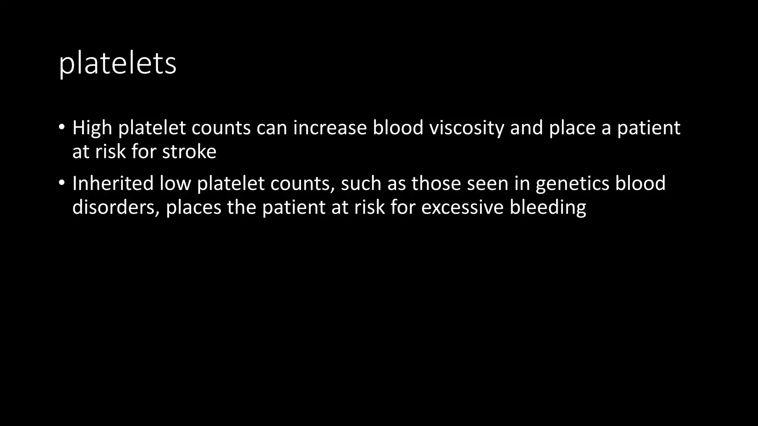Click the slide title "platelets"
pyautogui.click(x=117, y=64)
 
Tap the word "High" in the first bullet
pyautogui.click(x=92, y=128)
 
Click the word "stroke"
pyautogui.click(x=189, y=152)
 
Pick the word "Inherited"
pyautogui.click(x=113, y=183)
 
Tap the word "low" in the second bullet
pyautogui.click(x=175, y=183)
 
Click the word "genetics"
pyautogui.click(x=572, y=183)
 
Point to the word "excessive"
pyautogui.click(x=462, y=207)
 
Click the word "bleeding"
pyautogui.click(x=548, y=207)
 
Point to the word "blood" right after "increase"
pyautogui.click(x=398, y=128)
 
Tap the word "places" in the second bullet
pyautogui.click(x=193, y=207)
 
